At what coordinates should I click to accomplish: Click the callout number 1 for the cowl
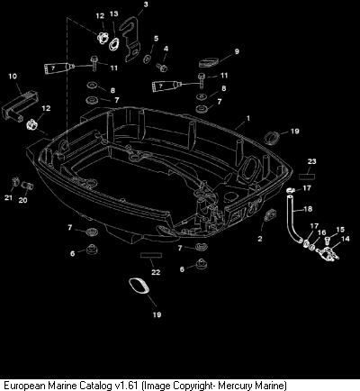point(247,119)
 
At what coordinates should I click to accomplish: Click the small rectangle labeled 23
point(307,176)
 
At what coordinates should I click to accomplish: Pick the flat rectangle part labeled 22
point(151,255)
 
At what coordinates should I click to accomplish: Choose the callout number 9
point(237,51)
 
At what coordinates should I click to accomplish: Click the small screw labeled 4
point(162,68)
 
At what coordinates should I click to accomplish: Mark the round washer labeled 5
point(148,59)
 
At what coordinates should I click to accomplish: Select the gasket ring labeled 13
point(114,44)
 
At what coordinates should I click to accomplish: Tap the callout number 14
point(346,239)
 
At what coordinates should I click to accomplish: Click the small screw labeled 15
point(328,241)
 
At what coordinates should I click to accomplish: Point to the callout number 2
point(260,239)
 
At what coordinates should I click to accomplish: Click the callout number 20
point(22,200)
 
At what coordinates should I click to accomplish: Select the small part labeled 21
point(15,182)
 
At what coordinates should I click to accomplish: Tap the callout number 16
point(321,232)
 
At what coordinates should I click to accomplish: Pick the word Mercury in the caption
point(235,386)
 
